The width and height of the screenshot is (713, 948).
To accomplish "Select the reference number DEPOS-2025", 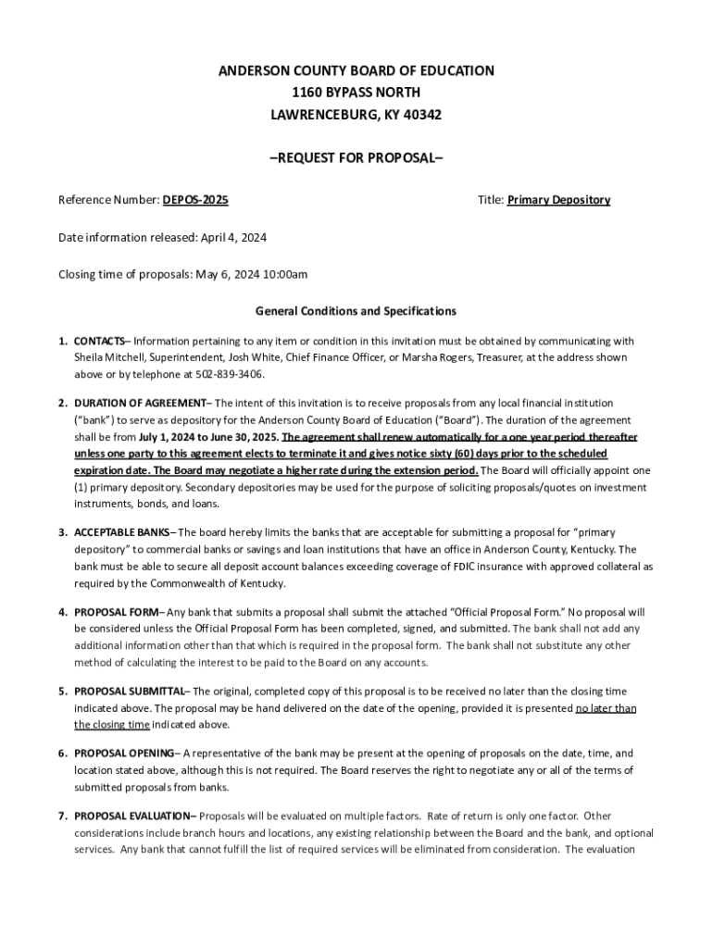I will (x=195, y=200).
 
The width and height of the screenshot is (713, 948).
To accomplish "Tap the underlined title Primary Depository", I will (x=558, y=200).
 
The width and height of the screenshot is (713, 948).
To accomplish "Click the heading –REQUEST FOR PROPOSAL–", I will (x=356, y=157).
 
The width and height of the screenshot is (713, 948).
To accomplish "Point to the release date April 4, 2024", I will (x=232, y=238).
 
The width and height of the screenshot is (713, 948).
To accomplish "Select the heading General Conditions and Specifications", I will (x=356, y=311).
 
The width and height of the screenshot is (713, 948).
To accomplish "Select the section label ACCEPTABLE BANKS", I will (x=122, y=532).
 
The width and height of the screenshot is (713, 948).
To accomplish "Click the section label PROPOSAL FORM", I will (x=116, y=612).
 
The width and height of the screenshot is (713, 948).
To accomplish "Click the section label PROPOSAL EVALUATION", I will (x=133, y=816).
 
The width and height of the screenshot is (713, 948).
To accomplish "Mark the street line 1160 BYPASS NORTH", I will (x=356, y=93).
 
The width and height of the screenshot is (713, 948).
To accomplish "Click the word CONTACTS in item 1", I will (x=99, y=341).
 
